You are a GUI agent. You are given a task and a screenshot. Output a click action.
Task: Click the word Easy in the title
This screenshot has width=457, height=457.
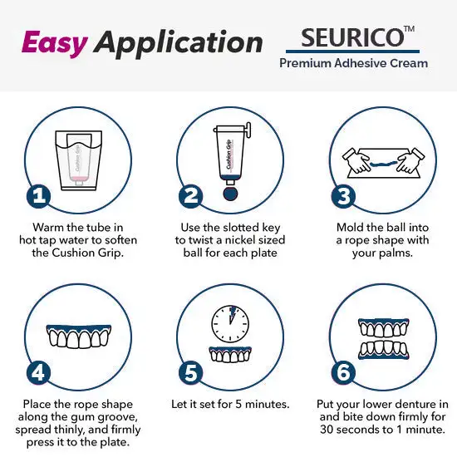pos(55,44)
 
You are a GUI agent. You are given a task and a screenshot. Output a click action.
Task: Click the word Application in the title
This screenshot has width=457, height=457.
pos(179,44)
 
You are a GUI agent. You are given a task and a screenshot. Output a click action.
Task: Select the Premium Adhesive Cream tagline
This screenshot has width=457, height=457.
pos(353,63)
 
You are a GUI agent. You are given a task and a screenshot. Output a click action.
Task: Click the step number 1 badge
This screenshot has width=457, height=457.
pos(38,196)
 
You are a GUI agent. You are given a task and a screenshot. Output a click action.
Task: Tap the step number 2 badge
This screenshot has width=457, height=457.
pos(190,196)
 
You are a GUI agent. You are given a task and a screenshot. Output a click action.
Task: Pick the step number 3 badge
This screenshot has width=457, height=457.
pos(343,196)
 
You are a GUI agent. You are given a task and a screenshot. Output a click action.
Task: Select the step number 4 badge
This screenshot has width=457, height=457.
pos(38,373)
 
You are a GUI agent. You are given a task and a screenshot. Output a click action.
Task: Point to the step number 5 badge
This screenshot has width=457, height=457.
pos(190,373)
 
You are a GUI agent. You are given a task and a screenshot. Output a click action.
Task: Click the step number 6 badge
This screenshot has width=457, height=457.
pos(343,373)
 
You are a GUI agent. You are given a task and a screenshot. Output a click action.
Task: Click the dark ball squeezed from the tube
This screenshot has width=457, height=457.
pos(230,194)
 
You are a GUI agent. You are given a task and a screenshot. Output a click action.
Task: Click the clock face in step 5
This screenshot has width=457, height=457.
pos(230,324)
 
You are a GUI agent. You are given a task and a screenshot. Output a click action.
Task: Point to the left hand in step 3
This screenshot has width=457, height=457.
pos(356,160)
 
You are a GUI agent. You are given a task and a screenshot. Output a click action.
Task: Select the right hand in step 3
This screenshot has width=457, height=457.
pos(411,160)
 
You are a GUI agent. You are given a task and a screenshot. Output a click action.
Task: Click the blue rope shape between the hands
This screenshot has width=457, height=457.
pos(384,164)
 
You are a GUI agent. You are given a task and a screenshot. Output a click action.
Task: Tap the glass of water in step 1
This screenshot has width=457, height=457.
pos(79,160)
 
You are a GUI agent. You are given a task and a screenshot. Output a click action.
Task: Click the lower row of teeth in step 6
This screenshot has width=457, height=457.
pos(384,350)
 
